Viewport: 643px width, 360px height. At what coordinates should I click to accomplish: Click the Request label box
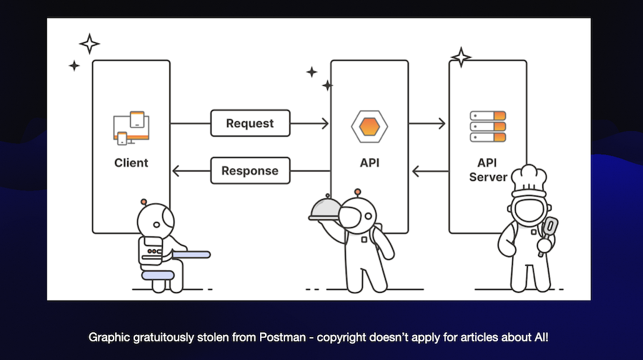click(250, 123)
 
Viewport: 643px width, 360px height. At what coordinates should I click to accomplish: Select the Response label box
click(249, 171)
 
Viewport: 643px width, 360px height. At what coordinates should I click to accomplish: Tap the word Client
click(131, 163)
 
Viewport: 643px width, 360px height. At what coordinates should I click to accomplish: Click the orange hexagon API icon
click(369, 125)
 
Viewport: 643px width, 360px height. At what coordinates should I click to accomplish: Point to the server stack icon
click(488, 126)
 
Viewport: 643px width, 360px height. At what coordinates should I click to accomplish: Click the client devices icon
click(131, 127)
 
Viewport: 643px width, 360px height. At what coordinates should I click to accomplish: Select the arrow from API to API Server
click(429, 123)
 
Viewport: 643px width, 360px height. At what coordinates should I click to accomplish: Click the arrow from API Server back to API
click(429, 171)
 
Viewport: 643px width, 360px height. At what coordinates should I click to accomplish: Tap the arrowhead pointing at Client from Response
click(177, 171)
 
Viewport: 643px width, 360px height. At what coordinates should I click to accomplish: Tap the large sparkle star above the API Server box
click(461, 57)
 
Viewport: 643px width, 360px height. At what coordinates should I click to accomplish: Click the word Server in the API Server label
click(488, 176)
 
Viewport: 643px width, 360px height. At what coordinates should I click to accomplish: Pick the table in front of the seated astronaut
click(184, 253)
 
